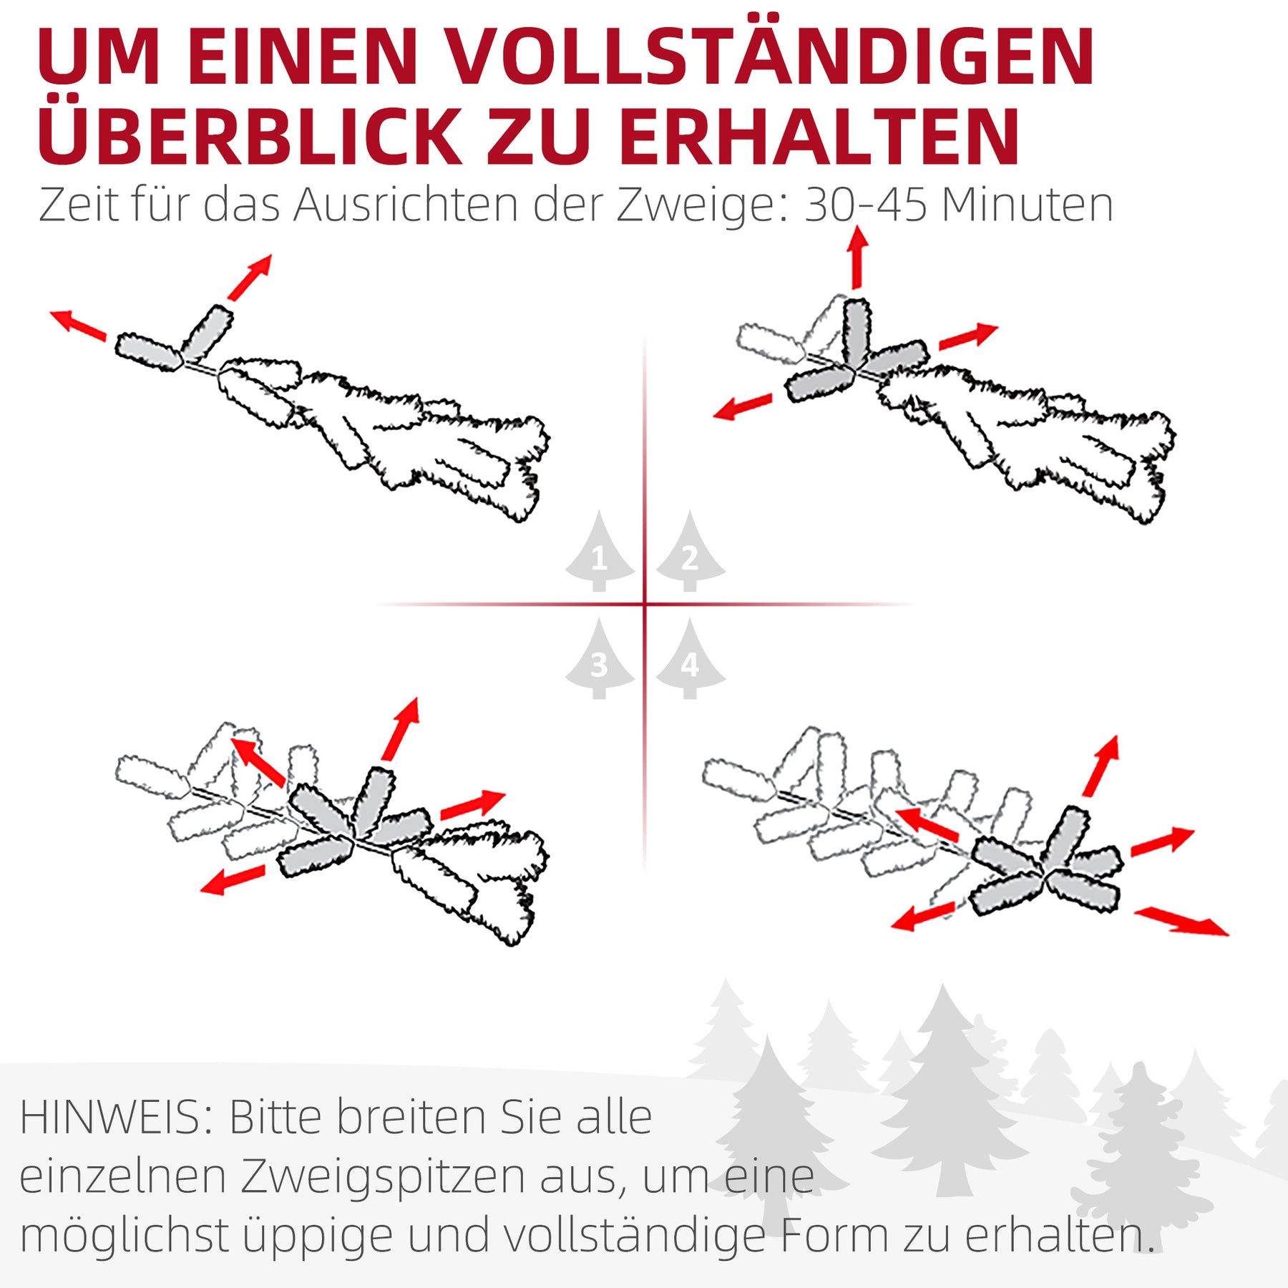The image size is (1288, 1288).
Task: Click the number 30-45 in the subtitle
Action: pyautogui.click(x=866, y=205)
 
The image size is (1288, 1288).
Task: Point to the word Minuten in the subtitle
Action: pyautogui.click(x=1028, y=205)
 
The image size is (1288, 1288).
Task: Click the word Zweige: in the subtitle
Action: pyautogui.click(x=703, y=208)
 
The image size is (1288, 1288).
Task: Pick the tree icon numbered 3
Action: pyautogui.click(x=600, y=659)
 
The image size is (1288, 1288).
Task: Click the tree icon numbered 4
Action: pyautogui.click(x=690, y=659)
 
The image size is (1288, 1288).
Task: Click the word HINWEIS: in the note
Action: pyautogui.click(x=117, y=1117)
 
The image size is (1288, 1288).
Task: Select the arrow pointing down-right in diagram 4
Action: pyautogui.click(x=1181, y=921)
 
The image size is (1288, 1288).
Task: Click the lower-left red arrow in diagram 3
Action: pyautogui.click(x=233, y=879)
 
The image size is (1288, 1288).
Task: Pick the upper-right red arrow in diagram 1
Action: pyautogui.click(x=250, y=277)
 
